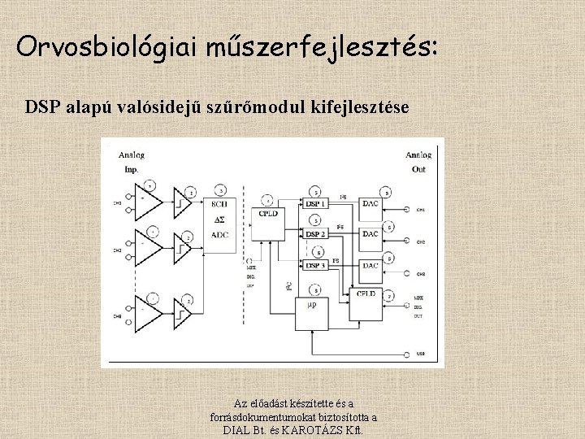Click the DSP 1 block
click(x=317, y=202)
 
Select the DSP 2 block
click(x=317, y=234)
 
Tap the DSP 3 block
click(x=317, y=266)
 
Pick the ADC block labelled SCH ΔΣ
click(x=219, y=219)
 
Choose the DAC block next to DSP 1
click(x=370, y=202)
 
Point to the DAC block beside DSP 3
click(x=370, y=266)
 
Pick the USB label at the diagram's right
click(x=421, y=354)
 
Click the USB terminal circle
click(x=406, y=354)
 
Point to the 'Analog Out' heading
click(x=418, y=162)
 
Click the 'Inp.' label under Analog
click(x=132, y=170)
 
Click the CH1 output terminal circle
click(x=406, y=209)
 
